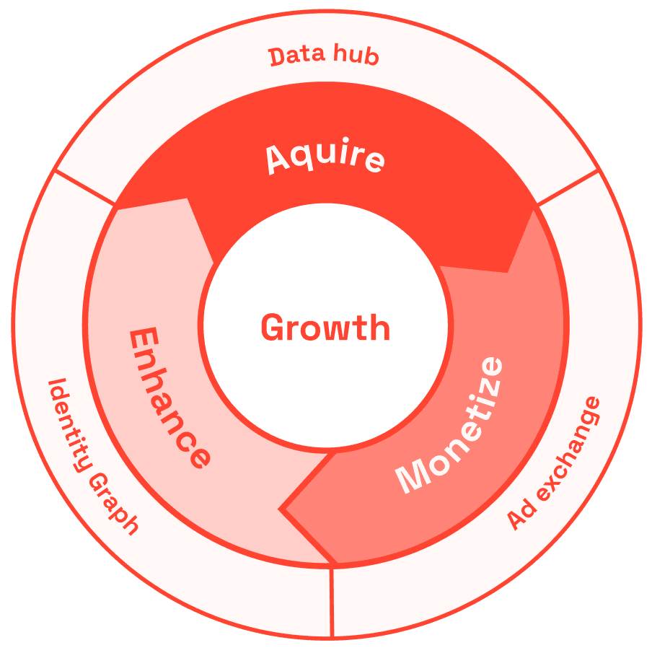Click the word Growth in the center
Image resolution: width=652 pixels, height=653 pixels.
325,328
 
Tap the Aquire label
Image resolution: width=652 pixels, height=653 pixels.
325,157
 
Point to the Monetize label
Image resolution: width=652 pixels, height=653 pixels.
449,426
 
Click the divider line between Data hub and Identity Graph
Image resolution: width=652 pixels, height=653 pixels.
85,188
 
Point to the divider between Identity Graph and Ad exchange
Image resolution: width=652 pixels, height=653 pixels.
332,602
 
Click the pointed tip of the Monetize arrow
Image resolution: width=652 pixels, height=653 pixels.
281,508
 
